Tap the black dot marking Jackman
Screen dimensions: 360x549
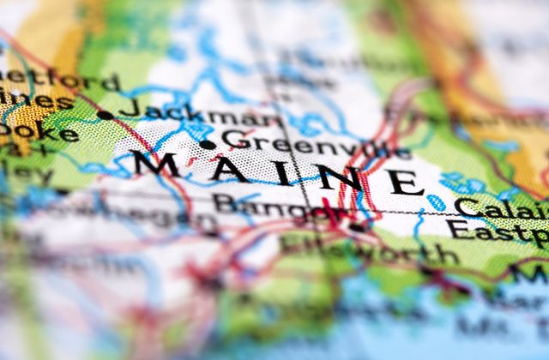point(105,114)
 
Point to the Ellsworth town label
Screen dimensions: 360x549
point(369,249)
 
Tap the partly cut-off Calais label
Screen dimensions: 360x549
point(501,209)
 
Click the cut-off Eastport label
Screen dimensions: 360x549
point(498,231)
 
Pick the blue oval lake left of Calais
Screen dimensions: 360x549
point(437,203)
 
